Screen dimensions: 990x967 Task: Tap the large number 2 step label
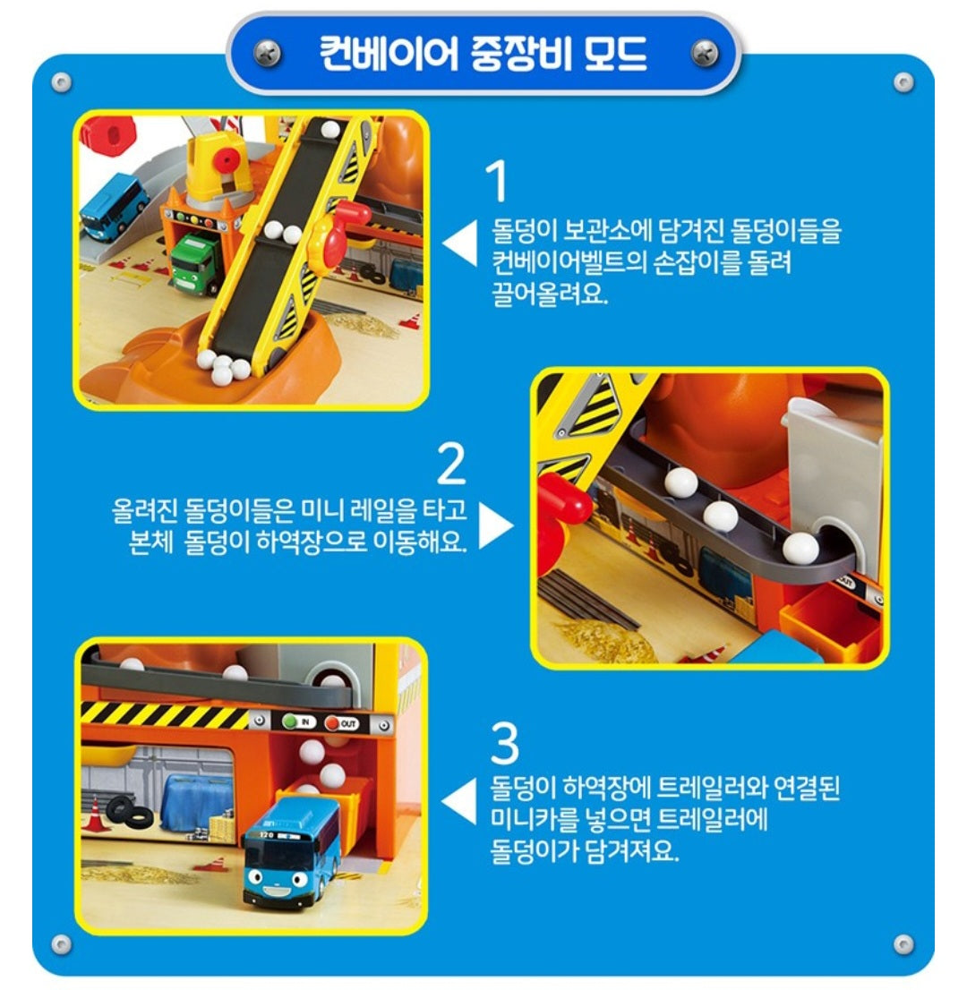[x=451, y=465]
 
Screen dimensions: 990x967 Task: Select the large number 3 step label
[x=504, y=743]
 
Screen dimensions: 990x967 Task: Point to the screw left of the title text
[x=267, y=54]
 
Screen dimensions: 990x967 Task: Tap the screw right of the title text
[x=705, y=54]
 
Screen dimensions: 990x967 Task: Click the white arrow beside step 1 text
[x=462, y=244]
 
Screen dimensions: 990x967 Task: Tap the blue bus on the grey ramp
[x=114, y=206]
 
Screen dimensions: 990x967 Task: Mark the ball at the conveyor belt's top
[x=330, y=130]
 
